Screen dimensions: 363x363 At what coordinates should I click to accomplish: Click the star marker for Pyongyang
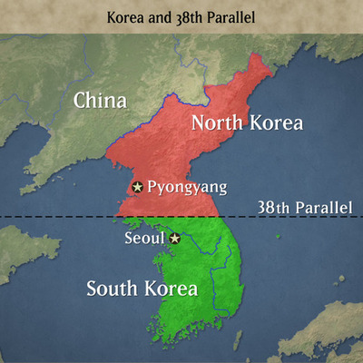click(137, 187)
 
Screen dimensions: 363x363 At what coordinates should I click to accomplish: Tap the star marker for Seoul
click(175, 239)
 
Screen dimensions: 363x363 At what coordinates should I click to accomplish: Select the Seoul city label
click(144, 239)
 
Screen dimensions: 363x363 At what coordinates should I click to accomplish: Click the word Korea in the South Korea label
click(170, 289)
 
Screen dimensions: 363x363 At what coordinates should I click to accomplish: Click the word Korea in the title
click(128, 17)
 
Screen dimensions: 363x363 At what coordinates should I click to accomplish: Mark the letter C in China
click(81, 99)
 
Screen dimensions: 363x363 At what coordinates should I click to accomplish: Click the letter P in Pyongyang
click(152, 188)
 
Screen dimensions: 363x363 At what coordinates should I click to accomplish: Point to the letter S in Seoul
click(128, 239)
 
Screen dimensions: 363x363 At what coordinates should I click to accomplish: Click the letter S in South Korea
click(92, 289)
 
